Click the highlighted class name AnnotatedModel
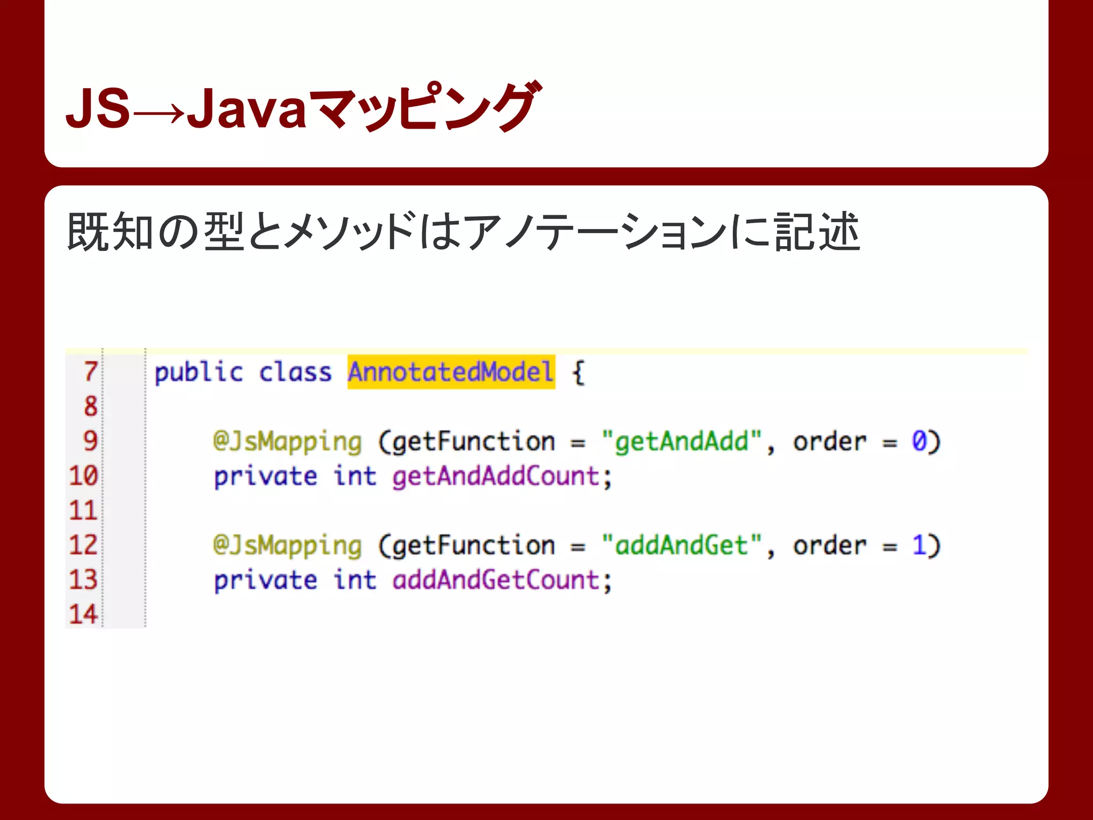[451, 372]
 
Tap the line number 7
[91, 372]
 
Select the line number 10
[84, 476]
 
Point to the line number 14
[84, 614]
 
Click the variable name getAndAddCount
[496, 476]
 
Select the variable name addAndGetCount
[496, 580]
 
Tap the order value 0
[919, 441]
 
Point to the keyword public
[199, 373]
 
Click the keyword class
[295, 372]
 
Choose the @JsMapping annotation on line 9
[287, 443]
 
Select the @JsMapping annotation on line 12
[287, 546]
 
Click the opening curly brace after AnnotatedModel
[578, 373]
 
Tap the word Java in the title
[247, 109]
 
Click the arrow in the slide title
[159, 113]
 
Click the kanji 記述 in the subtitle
[817, 232]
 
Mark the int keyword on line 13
[355, 580]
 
